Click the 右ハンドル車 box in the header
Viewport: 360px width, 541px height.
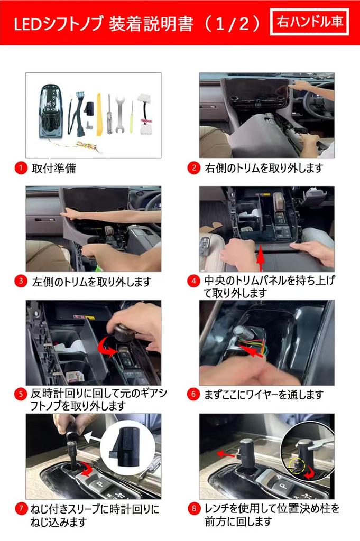pyautogui.click(x=309, y=22)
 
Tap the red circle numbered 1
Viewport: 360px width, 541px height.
pyautogui.click(x=20, y=169)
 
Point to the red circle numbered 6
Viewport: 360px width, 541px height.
pyautogui.click(x=193, y=394)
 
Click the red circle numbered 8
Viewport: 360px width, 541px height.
pyautogui.click(x=193, y=509)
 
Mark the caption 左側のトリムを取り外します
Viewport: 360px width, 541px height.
pyautogui.click(x=91, y=282)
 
